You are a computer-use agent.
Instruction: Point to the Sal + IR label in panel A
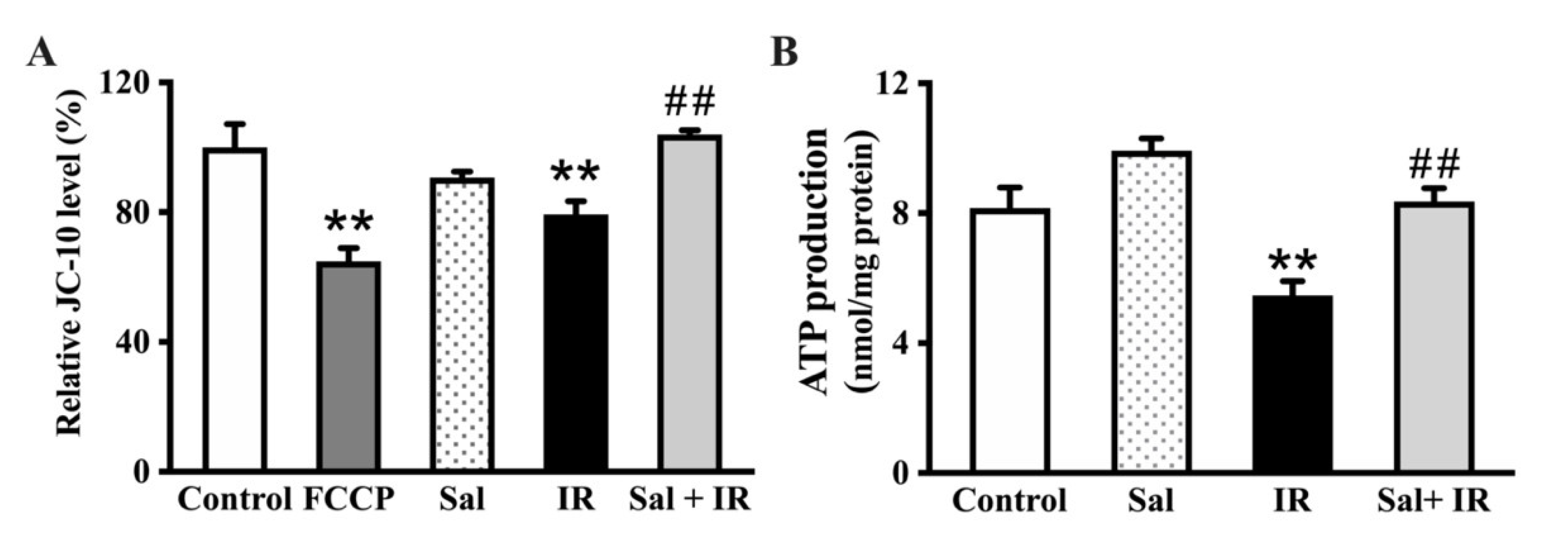pos(689,499)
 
